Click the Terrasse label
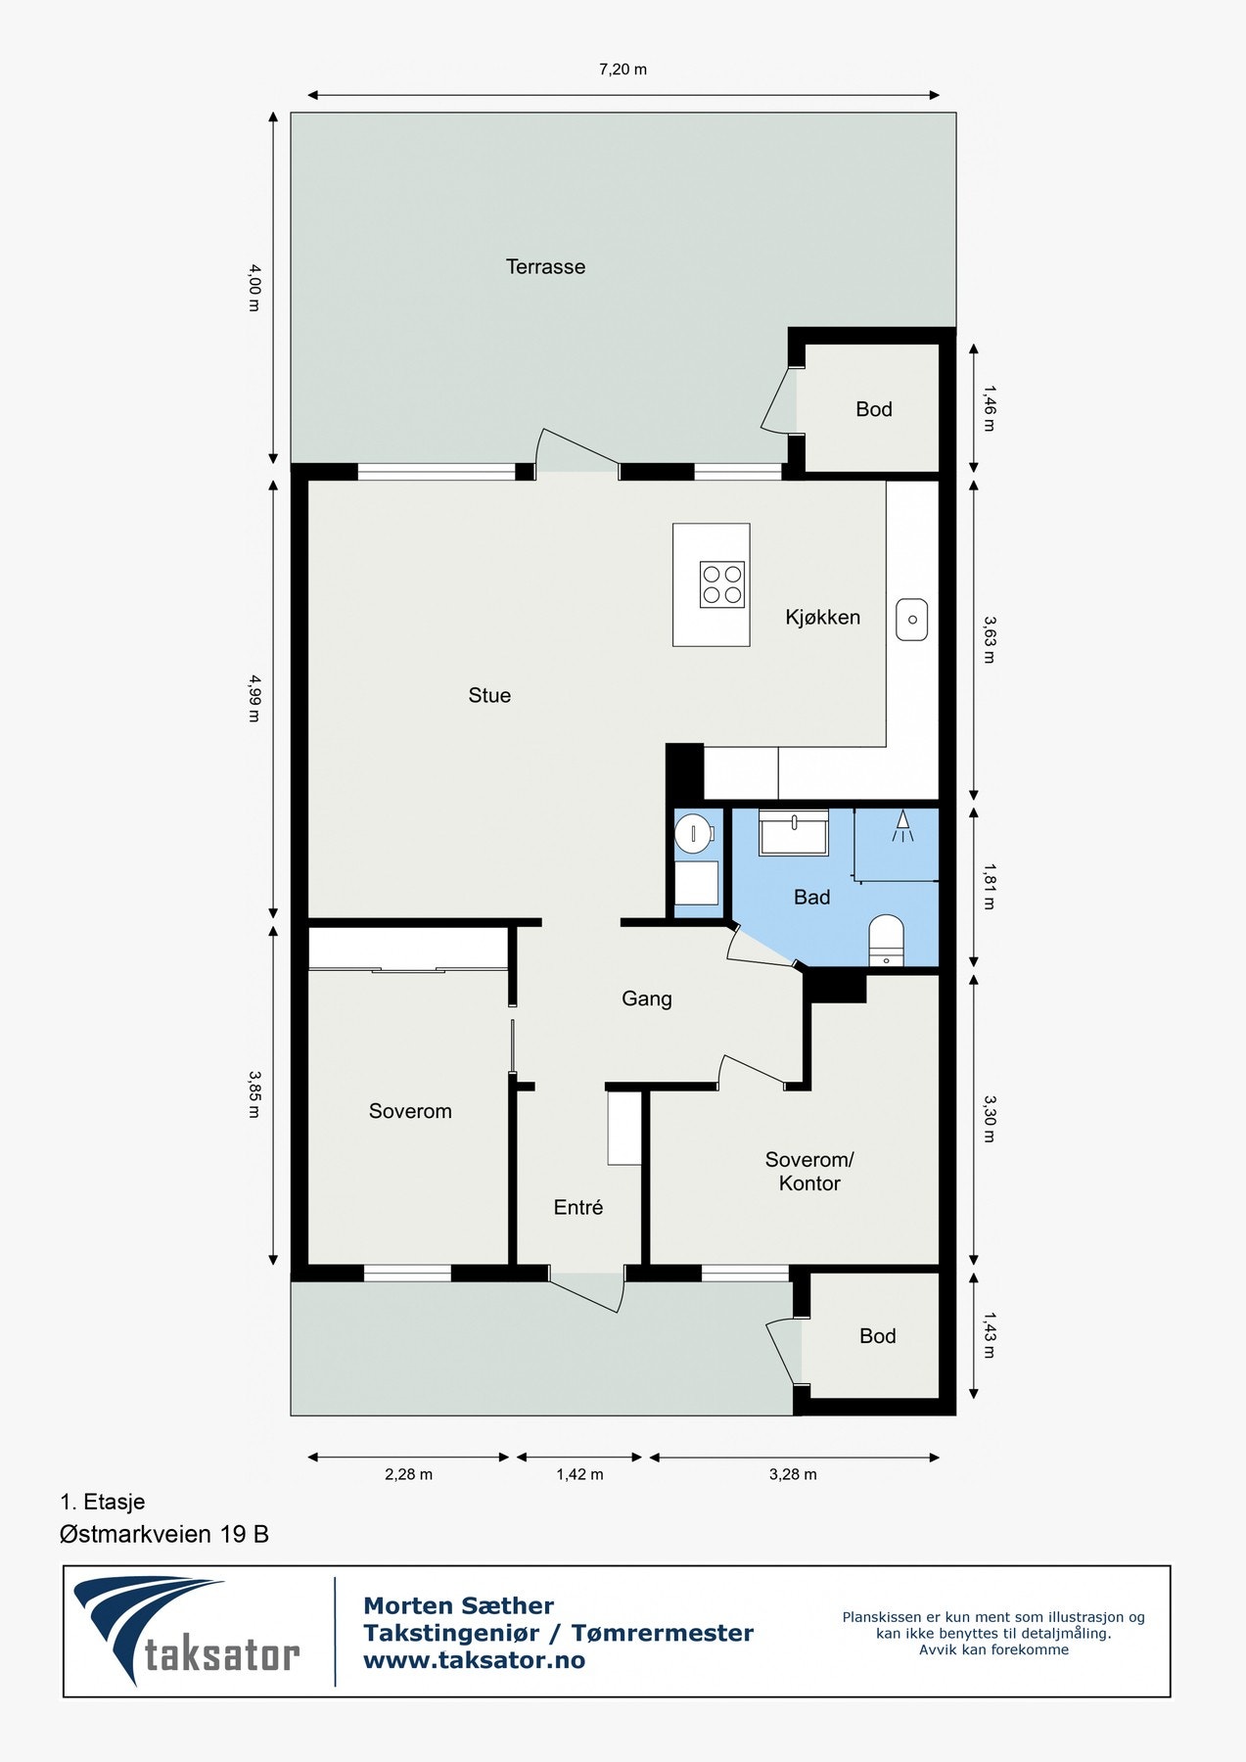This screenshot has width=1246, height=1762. point(545,266)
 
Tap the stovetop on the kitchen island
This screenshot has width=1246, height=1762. point(722,584)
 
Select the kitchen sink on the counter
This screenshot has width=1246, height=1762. point(911,620)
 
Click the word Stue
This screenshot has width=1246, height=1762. point(489,695)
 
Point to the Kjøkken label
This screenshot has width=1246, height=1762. point(822,617)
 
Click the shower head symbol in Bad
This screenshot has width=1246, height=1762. point(901,826)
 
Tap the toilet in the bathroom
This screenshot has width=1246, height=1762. point(886,940)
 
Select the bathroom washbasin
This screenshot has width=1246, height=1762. point(794,833)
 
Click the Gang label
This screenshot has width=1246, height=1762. point(646,998)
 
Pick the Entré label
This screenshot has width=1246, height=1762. point(577,1207)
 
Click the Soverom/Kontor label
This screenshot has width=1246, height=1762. point(809,1171)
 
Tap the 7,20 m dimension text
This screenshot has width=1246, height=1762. point(623,70)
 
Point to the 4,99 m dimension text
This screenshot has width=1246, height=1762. point(254,698)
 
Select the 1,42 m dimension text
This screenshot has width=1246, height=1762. point(579,1474)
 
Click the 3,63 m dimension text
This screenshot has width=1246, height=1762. point(989,639)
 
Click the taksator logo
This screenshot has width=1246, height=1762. point(186,1632)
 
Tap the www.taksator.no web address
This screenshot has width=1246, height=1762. point(474,1660)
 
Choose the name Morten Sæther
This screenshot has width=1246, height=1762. point(458,1605)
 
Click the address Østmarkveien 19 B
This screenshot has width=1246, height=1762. point(164,1534)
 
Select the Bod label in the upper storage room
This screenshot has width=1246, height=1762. point(873,409)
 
